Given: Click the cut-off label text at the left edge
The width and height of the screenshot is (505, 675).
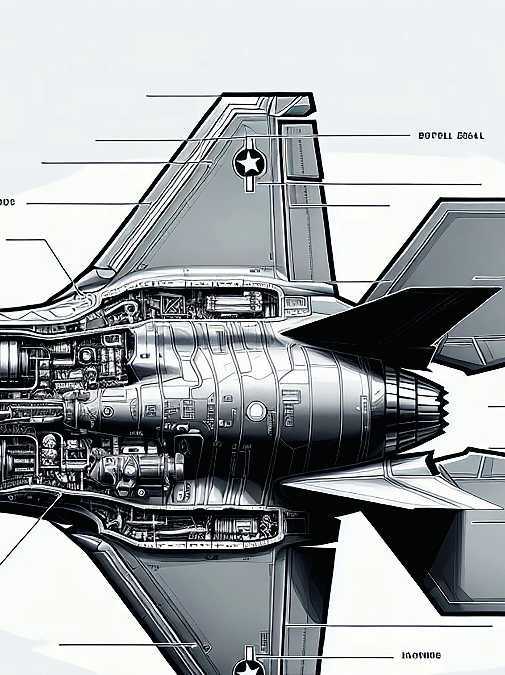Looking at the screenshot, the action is pos(7,202).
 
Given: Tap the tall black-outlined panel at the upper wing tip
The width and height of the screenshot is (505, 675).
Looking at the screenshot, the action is pos(301,150).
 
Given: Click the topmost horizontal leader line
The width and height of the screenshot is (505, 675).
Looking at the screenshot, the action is pos(183,96).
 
